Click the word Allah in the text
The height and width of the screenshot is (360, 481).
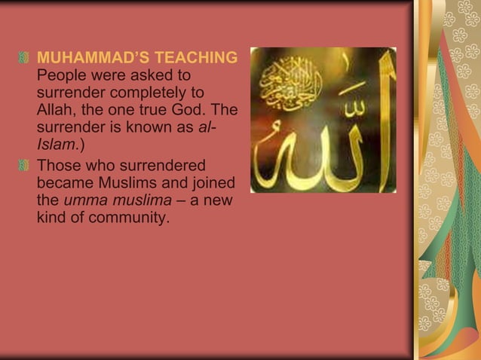[x=57, y=110]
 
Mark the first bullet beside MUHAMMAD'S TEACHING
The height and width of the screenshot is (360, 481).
[x=26, y=58]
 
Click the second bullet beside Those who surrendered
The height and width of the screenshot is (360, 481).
[x=26, y=165]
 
